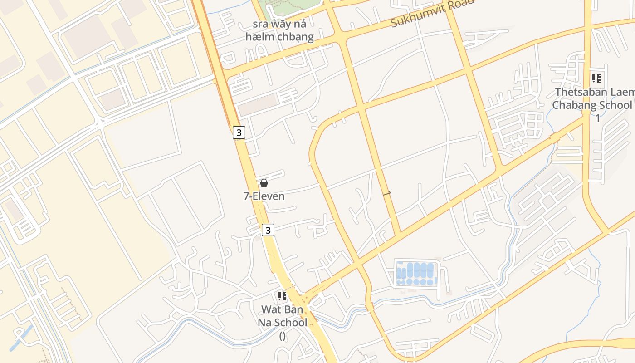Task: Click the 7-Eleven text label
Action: click(x=264, y=196)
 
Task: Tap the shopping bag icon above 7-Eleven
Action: click(x=264, y=183)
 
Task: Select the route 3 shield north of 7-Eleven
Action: click(x=239, y=132)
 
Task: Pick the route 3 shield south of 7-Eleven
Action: click(x=268, y=230)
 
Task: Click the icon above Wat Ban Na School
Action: click(x=282, y=297)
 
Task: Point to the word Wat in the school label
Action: click(x=271, y=310)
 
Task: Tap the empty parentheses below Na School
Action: click(x=282, y=336)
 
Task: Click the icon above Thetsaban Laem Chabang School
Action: click(x=596, y=78)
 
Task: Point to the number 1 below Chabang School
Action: click(x=598, y=118)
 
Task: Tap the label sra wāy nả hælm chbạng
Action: click(x=279, y=30)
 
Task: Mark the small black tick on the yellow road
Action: click(x=387, y=194)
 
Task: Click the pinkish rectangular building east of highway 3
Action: click(x=257, y=105)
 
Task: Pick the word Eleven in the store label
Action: click(x=270, y=196)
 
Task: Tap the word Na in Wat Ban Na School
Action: click(x=268, y=323)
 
